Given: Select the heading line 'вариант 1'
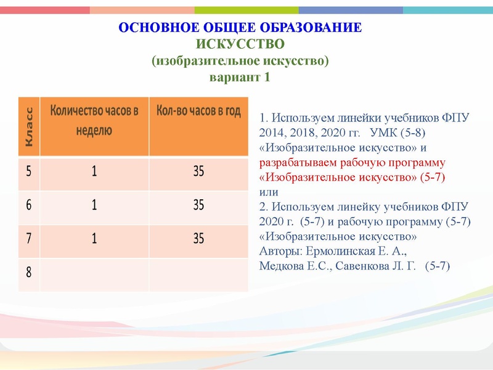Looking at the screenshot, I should click(240, 78).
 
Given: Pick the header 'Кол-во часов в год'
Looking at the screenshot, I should click(198, 112).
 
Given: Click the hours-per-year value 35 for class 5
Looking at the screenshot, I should click(198, 172).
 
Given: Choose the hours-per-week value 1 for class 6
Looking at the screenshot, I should click(94, 205).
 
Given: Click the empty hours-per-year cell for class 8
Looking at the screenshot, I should click(198, 273).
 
